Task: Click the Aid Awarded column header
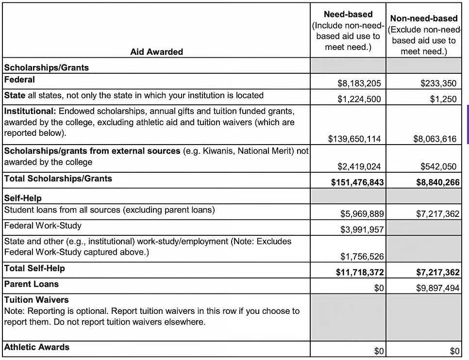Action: (x=156, y=52)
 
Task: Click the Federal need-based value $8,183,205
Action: (x=359, y=83)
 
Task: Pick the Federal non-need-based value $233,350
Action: (x=438, y=83)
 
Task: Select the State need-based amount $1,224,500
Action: (x=359, y=99)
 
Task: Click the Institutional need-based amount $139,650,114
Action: (x=354, y=139)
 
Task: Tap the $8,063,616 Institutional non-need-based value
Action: (x=435, y=139)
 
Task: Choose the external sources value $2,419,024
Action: (x=359, y=166)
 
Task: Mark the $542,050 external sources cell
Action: (x=438, y=166)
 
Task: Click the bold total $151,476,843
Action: (x=357, y=182)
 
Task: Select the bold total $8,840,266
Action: (x=437, y=182)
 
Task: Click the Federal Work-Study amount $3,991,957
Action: (x=362, y=229)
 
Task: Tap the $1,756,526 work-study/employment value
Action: (x=362, y=257)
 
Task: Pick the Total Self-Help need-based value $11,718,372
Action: (x=360, y=273)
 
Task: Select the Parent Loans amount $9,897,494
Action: (x=437, y=288)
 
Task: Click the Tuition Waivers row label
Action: (x=36, y=300)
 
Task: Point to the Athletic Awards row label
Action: (x=37, y=347)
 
